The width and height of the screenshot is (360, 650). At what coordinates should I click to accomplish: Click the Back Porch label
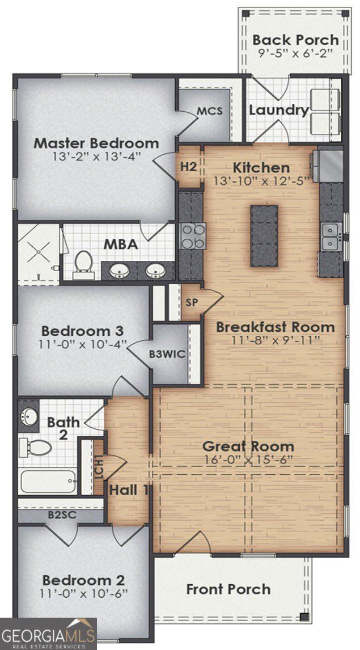(296, 40)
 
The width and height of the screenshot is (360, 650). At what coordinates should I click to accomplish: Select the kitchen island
(264, 236)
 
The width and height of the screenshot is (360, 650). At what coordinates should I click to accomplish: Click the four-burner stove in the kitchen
(193, 236)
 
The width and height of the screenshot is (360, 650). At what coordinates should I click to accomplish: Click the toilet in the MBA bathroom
(83, 265)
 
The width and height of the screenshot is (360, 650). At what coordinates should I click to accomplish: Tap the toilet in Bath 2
(35, 448)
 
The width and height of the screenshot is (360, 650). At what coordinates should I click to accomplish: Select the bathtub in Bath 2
(48, 482)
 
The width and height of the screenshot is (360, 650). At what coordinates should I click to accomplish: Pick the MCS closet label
(210, 111)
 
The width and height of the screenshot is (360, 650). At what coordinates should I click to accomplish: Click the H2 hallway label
(188, 167)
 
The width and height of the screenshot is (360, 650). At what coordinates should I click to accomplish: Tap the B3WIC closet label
(167, 354)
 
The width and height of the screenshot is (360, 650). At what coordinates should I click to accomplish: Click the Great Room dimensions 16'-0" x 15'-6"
(248, 460)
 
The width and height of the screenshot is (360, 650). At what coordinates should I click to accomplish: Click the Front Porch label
(228, 589)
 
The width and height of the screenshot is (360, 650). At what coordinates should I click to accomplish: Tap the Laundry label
(279, 110)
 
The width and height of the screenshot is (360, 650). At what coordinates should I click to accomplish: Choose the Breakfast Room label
(275, 327)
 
